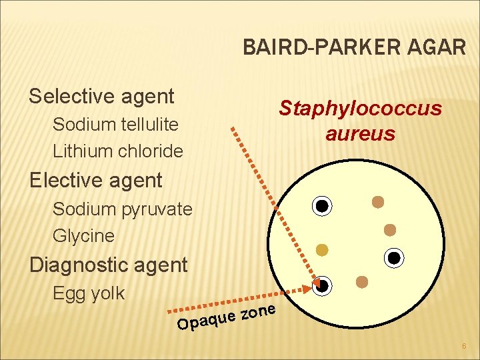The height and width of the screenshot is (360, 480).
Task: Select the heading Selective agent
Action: tap(101, 96)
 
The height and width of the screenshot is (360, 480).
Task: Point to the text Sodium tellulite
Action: tap(115, 125)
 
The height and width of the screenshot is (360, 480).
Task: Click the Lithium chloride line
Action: tap(117, 151)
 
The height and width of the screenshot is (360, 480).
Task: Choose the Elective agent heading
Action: tap(95, 181)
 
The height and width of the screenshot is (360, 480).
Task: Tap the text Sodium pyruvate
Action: tap(122, 209)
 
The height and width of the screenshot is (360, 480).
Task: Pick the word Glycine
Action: tap(83, 236)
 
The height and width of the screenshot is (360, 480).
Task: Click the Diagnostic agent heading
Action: tap(108, 265)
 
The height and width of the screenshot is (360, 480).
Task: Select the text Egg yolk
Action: tap(88, 293)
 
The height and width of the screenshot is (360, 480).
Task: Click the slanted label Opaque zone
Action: tap(227, 317)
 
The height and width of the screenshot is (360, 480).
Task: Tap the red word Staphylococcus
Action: tap(360, 108)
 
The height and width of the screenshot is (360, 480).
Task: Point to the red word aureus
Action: tap(360, 134)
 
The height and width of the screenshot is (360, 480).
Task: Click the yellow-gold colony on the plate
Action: tap(322, 250)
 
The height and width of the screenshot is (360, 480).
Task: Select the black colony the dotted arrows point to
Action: tap(322, 285)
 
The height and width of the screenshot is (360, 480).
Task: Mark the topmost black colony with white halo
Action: tap(322, 206)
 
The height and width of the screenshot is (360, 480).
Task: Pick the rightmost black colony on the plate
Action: tap(394, 257)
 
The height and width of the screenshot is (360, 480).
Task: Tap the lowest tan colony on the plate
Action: tap(362, 282)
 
